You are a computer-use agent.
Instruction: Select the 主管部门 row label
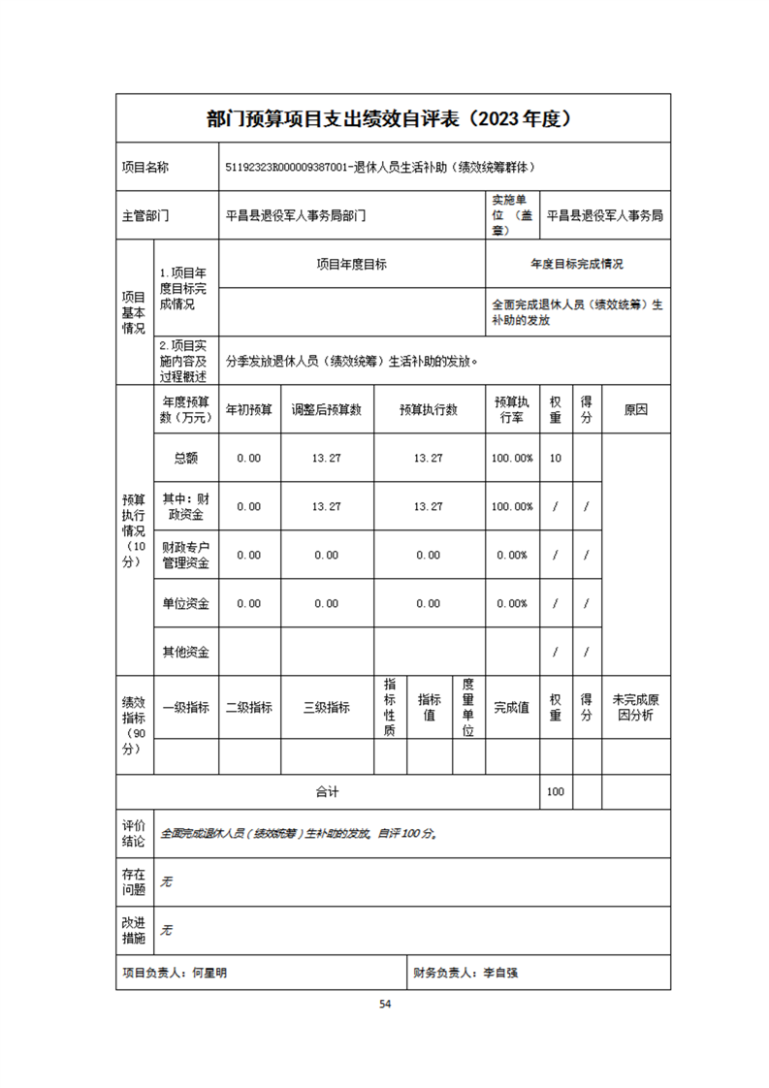pos(145,216)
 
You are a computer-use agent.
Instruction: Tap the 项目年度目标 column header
pos(352,264)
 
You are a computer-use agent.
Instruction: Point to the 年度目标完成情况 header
pos(577,264)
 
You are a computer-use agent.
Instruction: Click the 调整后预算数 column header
pos(327,409)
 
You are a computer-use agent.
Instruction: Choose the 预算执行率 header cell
pos(511,409)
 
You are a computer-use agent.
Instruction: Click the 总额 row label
pos(185,458)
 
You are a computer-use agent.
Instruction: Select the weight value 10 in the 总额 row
pos(556,458)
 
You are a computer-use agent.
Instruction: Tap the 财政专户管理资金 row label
pos(185,555)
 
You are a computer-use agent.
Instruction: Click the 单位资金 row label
pos(185,603)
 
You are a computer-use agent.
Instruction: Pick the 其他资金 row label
pos(185,652)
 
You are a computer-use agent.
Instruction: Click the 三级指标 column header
pos(327,707)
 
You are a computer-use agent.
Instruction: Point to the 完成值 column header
pos(511,707)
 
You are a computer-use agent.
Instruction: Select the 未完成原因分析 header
pos(635,707)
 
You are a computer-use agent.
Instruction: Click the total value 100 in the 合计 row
pos(556,792)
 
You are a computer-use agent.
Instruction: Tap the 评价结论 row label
pos(134,833)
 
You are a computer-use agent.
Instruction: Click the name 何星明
pos(209,972)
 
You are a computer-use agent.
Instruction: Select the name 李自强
pos(500,972)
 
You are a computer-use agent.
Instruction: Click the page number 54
pos(385,1004)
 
